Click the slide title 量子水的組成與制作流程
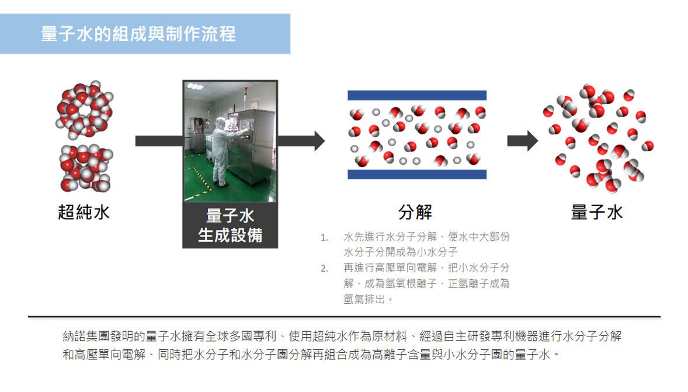138,34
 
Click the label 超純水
84,213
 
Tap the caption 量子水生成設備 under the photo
230,226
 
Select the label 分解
415,213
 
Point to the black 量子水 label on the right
597,213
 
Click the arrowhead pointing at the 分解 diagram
319,141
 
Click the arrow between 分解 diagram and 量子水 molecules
523,141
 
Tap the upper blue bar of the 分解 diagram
417,95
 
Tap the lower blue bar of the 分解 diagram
417,174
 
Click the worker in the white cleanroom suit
223,151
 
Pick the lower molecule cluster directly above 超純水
86,168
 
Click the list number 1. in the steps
324,238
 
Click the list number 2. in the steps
324,268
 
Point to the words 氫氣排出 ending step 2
364,299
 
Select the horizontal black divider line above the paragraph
344,317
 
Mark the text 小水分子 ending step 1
437,252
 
